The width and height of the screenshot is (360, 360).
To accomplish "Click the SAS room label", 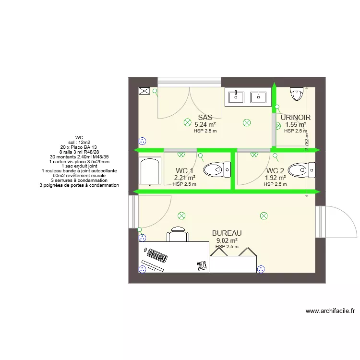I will point(205,118).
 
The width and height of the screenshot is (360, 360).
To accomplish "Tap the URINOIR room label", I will point(295,118).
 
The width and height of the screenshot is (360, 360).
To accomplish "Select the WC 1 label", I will point(184,171).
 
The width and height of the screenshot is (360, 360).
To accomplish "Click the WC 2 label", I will point(275,171).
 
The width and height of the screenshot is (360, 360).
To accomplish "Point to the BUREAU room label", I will point(227,233).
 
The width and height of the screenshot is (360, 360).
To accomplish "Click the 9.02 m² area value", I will point(227,240).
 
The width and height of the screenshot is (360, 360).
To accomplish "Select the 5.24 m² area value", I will point(205,124).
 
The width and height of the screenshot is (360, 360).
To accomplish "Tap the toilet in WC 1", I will point(217,169).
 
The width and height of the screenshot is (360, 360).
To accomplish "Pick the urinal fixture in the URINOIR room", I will point(298,95).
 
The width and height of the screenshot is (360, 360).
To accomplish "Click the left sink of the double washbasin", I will point(236,97).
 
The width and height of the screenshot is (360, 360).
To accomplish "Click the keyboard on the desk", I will point(158,255).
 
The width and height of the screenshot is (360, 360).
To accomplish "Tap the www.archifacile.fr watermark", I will point(330,311).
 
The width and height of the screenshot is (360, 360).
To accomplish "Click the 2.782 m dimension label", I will point(307,142).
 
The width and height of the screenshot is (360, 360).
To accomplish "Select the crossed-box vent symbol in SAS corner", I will point(144,91).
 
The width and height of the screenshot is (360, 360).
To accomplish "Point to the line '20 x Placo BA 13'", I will point(79,147).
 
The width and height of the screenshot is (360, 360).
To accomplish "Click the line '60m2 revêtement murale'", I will point(79,176).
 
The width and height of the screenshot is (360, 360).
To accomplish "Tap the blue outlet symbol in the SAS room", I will point(142,141).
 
